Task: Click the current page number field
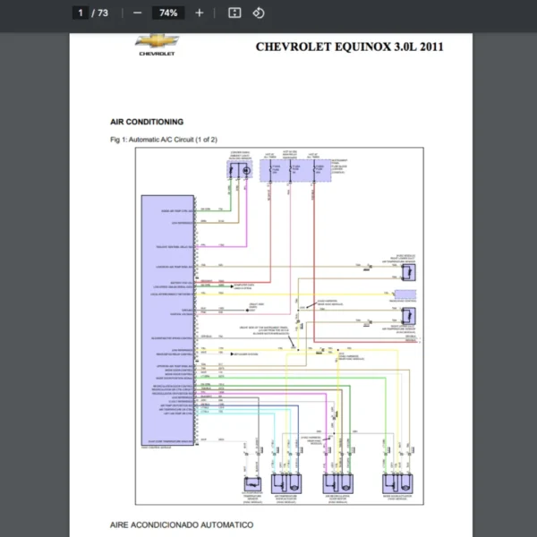(81, 13)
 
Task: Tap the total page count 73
(102, 13)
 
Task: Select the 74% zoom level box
(167, 13)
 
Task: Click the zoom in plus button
(200, 13)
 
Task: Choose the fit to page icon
(234, 13)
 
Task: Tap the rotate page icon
(258, 13)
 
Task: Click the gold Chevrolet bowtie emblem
(158, 41)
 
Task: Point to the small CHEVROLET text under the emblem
(158, 54)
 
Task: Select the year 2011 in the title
(428, 47)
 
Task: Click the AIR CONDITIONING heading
(147, 121)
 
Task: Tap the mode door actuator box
(397, 484)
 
